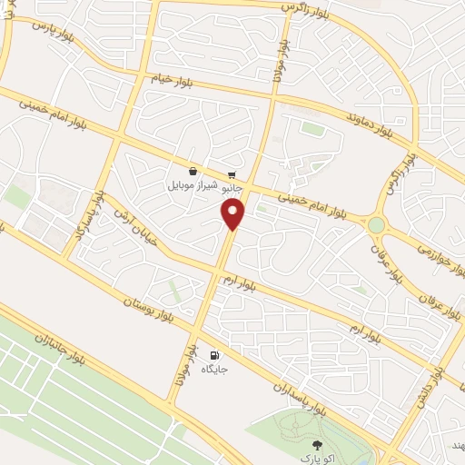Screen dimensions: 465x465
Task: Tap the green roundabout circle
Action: coord(375,224)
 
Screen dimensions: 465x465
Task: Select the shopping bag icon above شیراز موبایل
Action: coord(193,170)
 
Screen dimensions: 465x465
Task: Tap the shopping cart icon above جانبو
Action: coord(232,173)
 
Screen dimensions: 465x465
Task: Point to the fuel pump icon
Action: coord(214,355)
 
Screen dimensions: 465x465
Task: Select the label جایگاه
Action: coord(214,370)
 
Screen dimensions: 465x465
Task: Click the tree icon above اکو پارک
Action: coord(316,444)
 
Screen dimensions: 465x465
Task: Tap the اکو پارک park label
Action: coord(317,459)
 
